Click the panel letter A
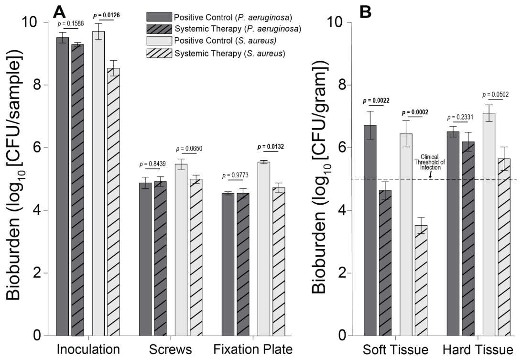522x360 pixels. point(58,11)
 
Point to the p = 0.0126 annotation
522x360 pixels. point(106,15)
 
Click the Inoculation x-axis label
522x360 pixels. point(88,349)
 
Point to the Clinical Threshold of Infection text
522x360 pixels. point(433,162)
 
